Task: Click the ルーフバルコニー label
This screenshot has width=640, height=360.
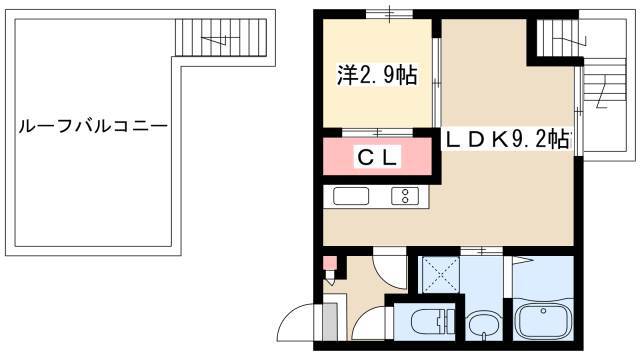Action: click(93, 126)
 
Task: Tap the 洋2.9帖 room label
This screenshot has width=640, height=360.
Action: click(377, 75)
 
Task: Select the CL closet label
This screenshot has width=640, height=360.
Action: click(377, 157)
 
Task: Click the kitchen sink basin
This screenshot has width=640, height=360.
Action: click(351, 196)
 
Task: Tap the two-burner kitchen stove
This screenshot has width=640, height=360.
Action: click(405, 196)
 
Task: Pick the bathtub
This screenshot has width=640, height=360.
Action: click(543, 321)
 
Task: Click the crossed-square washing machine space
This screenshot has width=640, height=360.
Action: click(441, 274)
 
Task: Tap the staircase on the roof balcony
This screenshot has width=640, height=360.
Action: click(221, 37)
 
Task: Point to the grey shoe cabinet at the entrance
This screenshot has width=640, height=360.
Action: click(330, 321)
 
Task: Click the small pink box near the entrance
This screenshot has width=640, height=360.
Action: click(330, 263)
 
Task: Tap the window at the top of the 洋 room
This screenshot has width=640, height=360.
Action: click(389, 15)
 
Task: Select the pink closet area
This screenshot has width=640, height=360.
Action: click(377, 157)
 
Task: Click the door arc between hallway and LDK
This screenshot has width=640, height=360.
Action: click(391, 269)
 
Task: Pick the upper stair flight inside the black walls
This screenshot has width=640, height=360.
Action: click(558, 38)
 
